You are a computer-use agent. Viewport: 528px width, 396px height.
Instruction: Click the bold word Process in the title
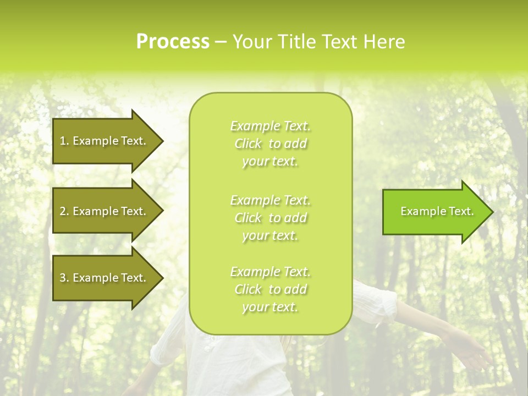click(173, 42)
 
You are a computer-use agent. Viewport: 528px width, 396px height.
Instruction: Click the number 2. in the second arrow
click(64, 211)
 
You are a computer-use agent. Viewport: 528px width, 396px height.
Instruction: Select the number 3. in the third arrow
click(64, 278)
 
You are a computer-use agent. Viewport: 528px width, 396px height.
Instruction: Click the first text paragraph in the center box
click(271, 144)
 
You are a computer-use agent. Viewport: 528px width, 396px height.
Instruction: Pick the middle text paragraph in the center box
click(271, 218)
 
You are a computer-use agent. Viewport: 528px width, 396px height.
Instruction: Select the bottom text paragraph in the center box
click(271, 289)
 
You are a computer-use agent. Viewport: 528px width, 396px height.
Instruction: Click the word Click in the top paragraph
click(248, 144)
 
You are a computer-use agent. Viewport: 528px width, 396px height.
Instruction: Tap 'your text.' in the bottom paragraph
click(270, 307)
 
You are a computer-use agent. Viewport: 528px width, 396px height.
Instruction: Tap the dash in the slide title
click(221, 42)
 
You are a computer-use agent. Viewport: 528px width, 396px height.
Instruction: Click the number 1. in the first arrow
click(64, 141)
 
